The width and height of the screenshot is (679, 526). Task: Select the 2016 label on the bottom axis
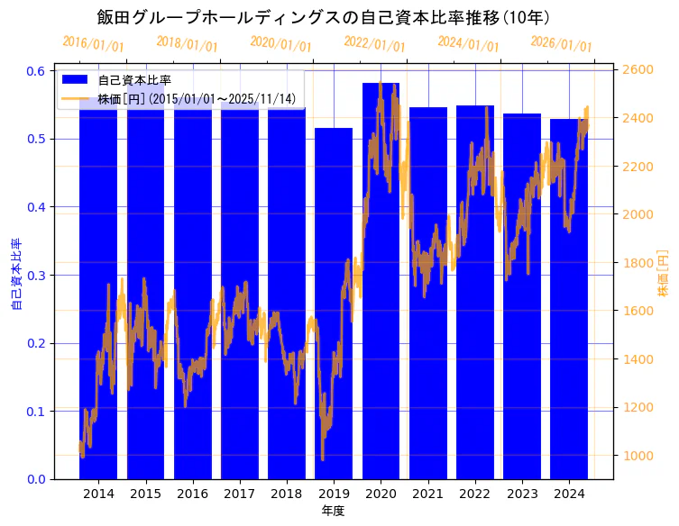[x=192, y=494]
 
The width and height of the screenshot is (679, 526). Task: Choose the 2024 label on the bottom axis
[x=569, y=494]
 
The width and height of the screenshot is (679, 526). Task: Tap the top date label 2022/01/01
[x=374, y=44]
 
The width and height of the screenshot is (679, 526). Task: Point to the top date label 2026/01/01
[x=561, y=44]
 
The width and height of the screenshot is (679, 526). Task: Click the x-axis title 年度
[x=334, y=511]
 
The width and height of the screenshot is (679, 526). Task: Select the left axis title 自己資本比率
[x=15, y=275]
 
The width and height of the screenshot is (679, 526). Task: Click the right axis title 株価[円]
[x=663, y=275]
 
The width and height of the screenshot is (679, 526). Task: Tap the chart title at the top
[x=323, y=17]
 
